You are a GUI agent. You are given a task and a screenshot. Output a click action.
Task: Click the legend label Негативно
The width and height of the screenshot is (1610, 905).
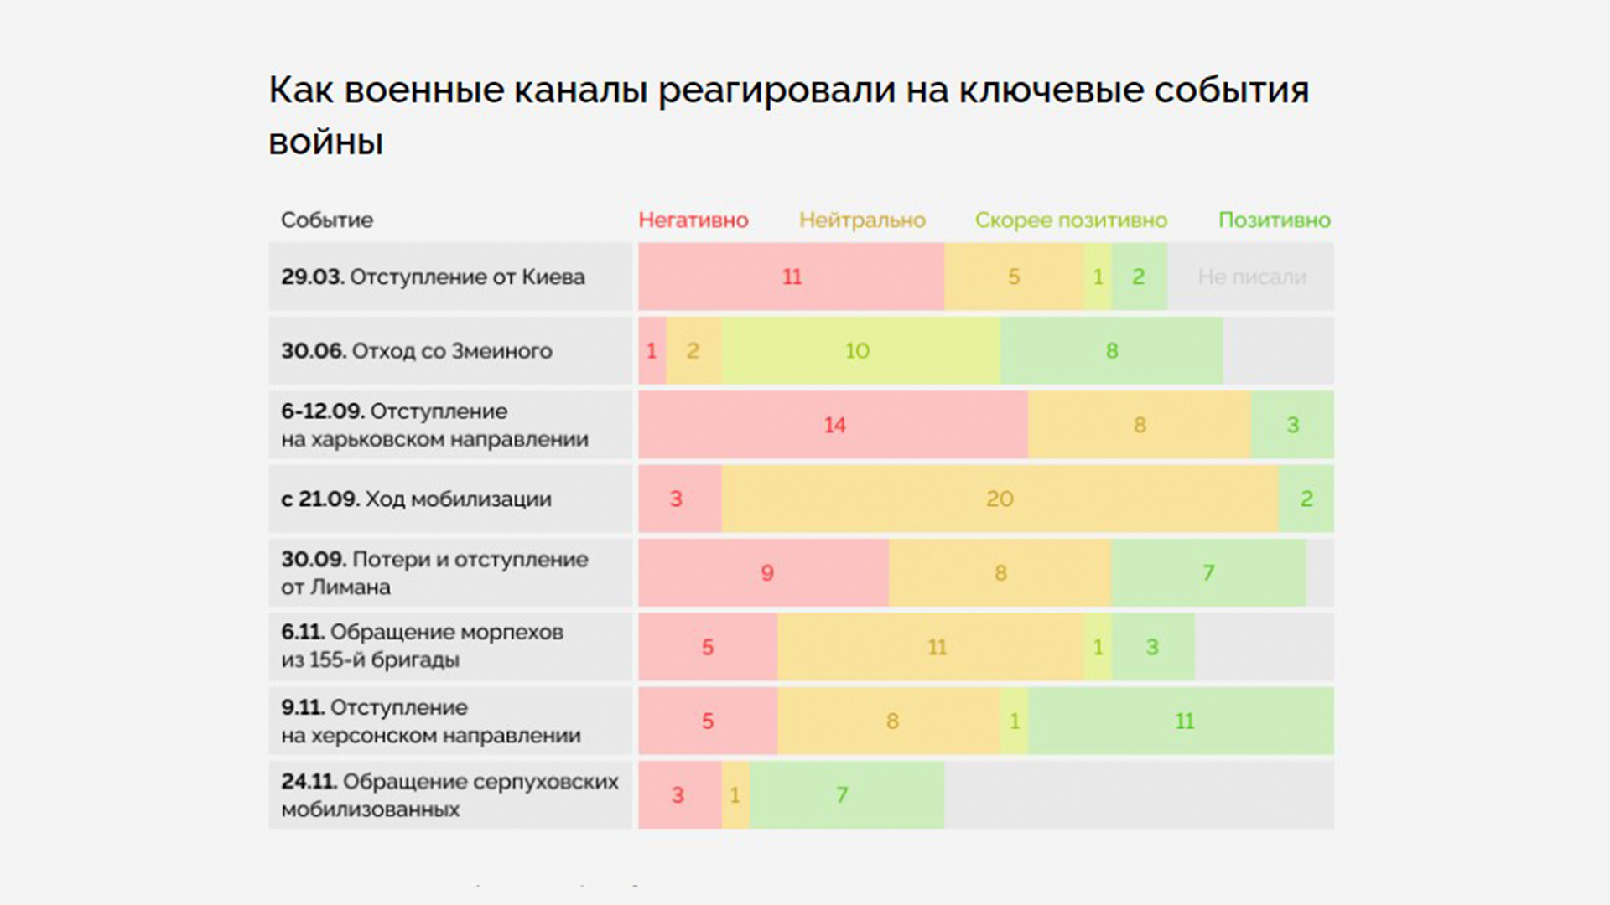693,220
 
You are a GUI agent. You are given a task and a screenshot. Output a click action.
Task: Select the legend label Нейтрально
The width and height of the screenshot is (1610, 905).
862,220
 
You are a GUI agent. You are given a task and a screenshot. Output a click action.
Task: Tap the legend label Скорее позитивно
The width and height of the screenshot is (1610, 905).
1071,220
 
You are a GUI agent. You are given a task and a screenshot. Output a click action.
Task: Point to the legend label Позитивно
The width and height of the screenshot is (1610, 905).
1274,220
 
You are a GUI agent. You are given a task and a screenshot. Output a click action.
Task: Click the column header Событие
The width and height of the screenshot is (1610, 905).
326,220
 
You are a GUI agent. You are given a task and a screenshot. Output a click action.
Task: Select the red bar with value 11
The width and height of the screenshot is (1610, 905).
791,277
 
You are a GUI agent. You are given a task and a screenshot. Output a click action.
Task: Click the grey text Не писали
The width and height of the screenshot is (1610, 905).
1251,277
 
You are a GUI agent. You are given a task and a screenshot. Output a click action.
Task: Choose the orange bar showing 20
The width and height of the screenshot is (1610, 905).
1000,499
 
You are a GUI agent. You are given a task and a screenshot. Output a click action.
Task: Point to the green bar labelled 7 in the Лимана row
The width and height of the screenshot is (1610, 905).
1208,573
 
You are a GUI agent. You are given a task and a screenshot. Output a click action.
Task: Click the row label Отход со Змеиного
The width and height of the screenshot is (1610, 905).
452,350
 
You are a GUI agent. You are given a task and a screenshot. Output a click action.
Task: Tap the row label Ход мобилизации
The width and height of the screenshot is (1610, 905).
458,499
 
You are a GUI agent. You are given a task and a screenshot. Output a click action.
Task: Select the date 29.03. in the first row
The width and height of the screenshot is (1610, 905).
312,277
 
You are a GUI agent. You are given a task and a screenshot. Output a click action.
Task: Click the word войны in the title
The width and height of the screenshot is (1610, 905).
325,142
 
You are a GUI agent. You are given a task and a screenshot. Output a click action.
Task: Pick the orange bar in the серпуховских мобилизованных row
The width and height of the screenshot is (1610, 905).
735,794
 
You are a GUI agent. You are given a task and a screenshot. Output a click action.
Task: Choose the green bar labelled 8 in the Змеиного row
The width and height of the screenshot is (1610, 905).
1111,350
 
